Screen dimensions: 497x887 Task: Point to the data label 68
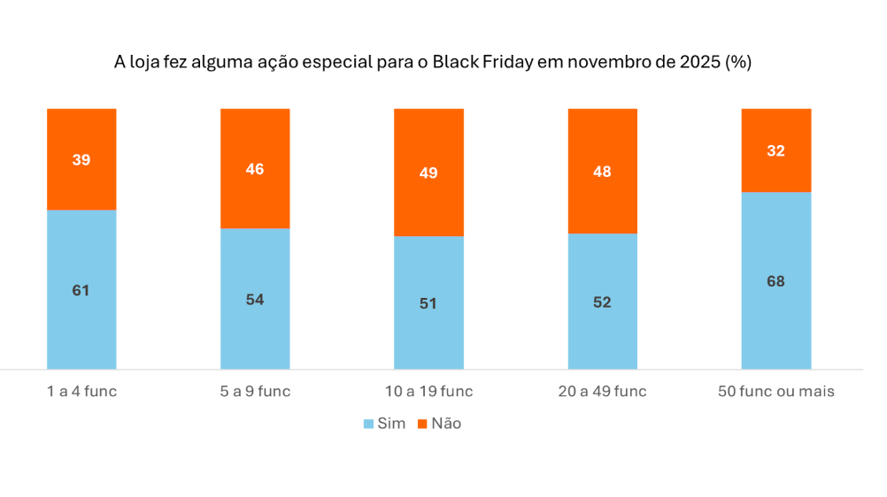(x=775, y=281)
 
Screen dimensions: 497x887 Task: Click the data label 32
(x=775, y=150)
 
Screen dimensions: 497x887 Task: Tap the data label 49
(x=428, y=173)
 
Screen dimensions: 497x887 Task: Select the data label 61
(x=81, y=290)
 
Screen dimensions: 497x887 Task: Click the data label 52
(x=602, y=302)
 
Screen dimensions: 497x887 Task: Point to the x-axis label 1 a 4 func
(x=81, y=391)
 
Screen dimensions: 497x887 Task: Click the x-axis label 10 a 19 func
(x=428, y=391)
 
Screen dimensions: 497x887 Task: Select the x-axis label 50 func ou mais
(x=775, y=391)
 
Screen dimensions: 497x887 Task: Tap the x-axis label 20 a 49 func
(x=602, y=391)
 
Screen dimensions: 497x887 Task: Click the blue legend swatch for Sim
(x=369, y=424)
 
